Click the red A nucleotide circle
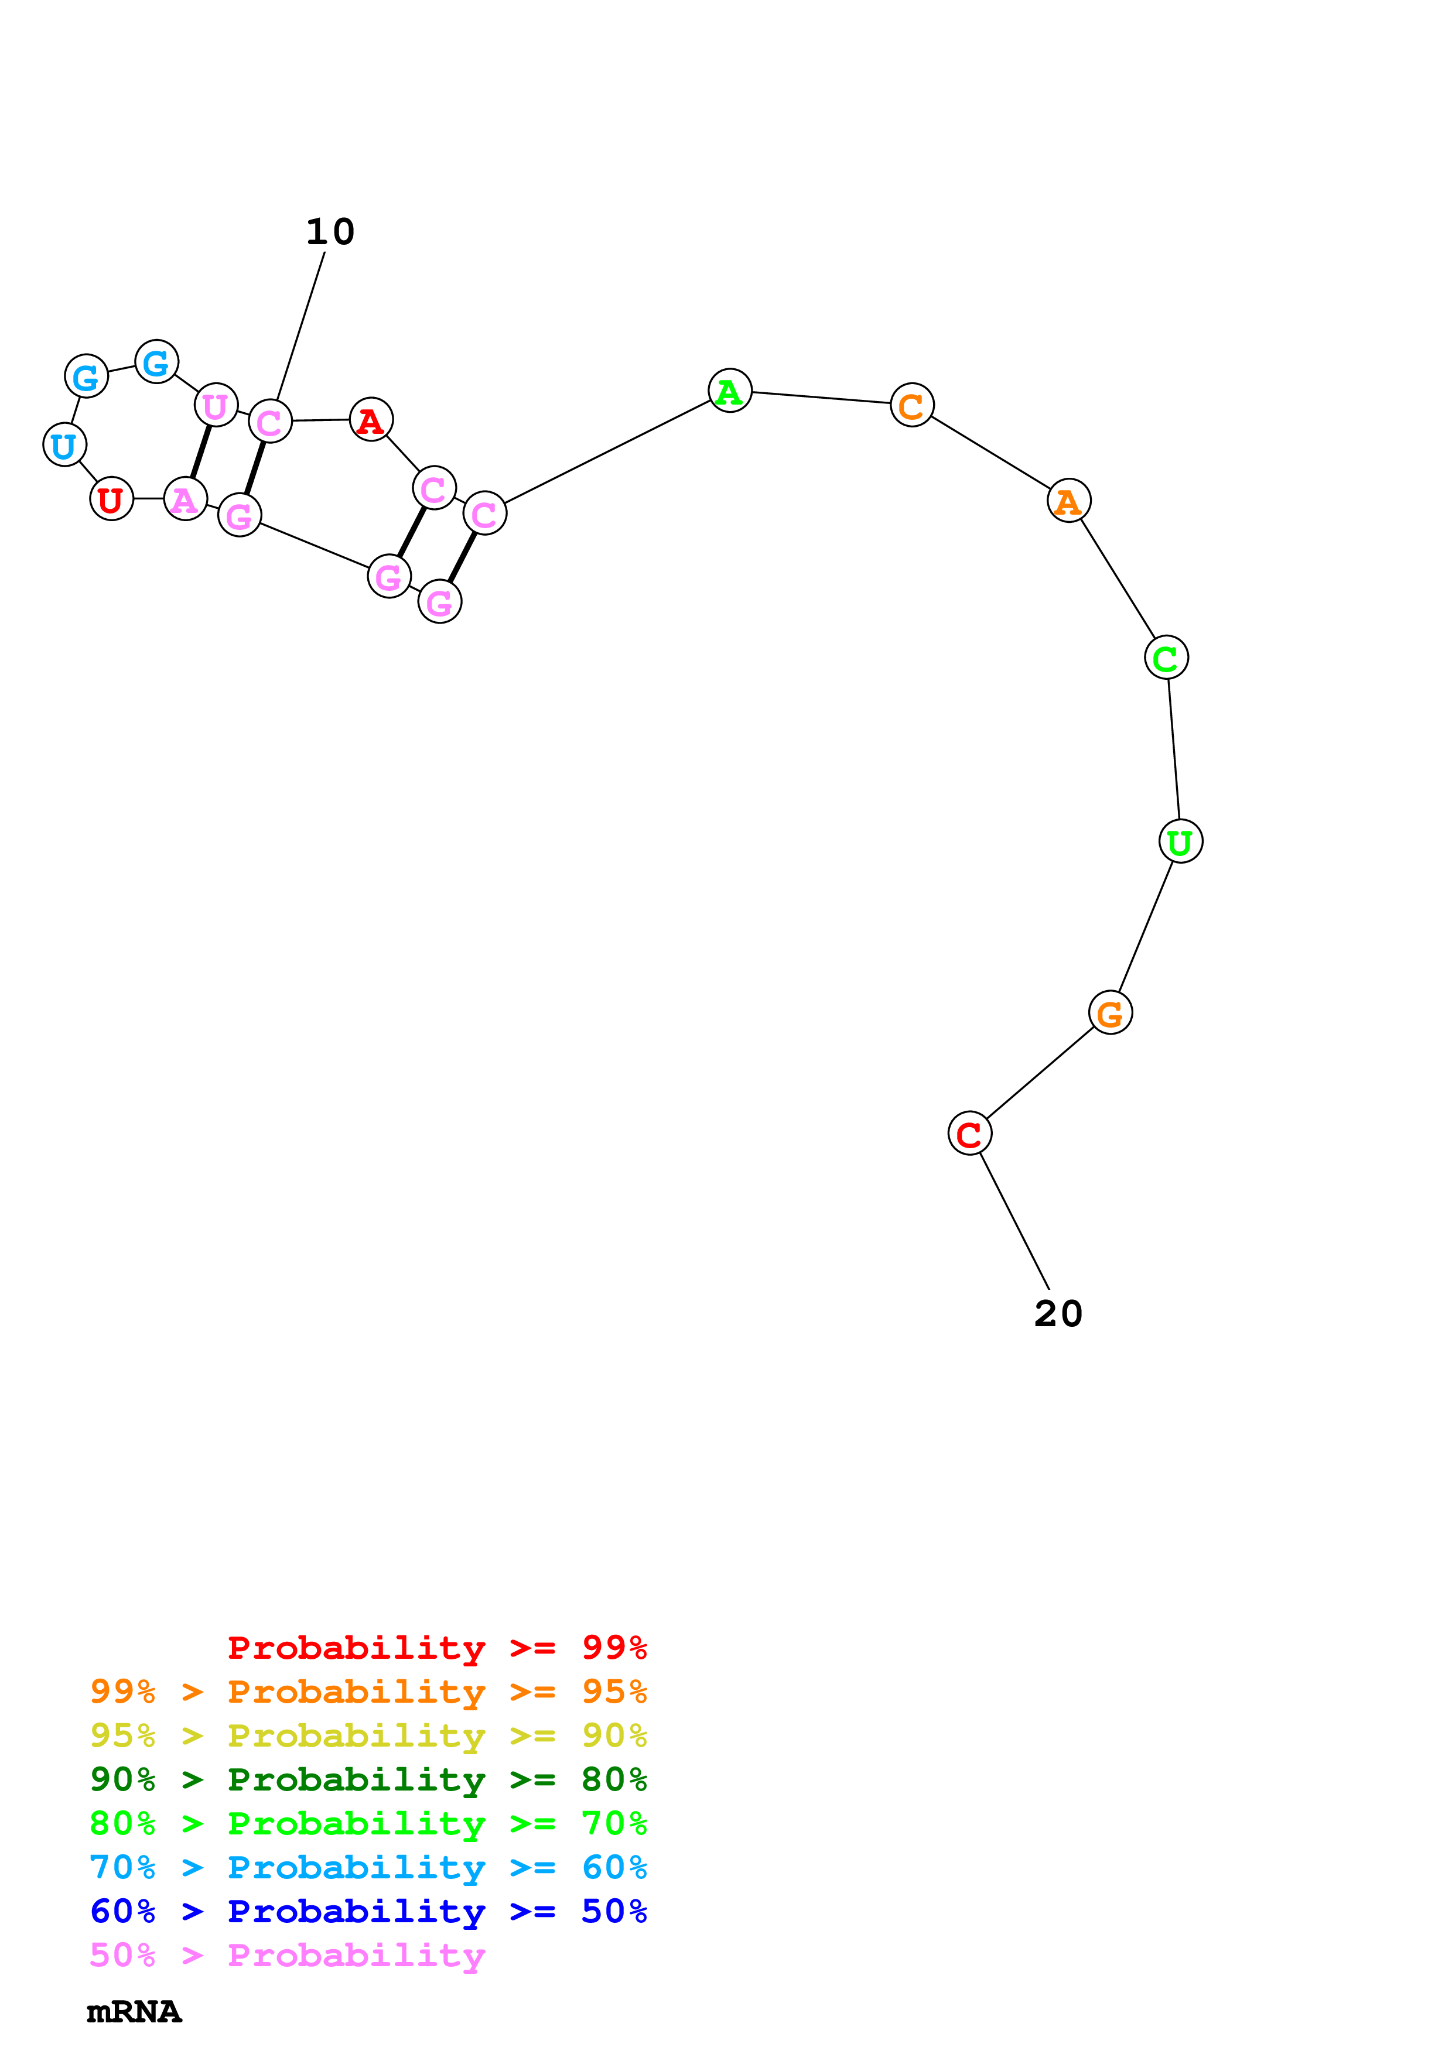370,420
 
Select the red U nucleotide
111,499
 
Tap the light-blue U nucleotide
64,444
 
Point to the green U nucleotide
1180,842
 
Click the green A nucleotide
729,391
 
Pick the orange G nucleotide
1111,1013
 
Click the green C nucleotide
1166,658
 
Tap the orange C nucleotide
911,405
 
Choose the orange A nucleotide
1068,501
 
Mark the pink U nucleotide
216,405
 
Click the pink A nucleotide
185,499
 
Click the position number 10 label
330,232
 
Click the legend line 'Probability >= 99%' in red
436,1648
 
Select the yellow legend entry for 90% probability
368,1735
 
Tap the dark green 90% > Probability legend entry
368,1779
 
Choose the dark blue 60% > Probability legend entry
368,1911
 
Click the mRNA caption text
134,2012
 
